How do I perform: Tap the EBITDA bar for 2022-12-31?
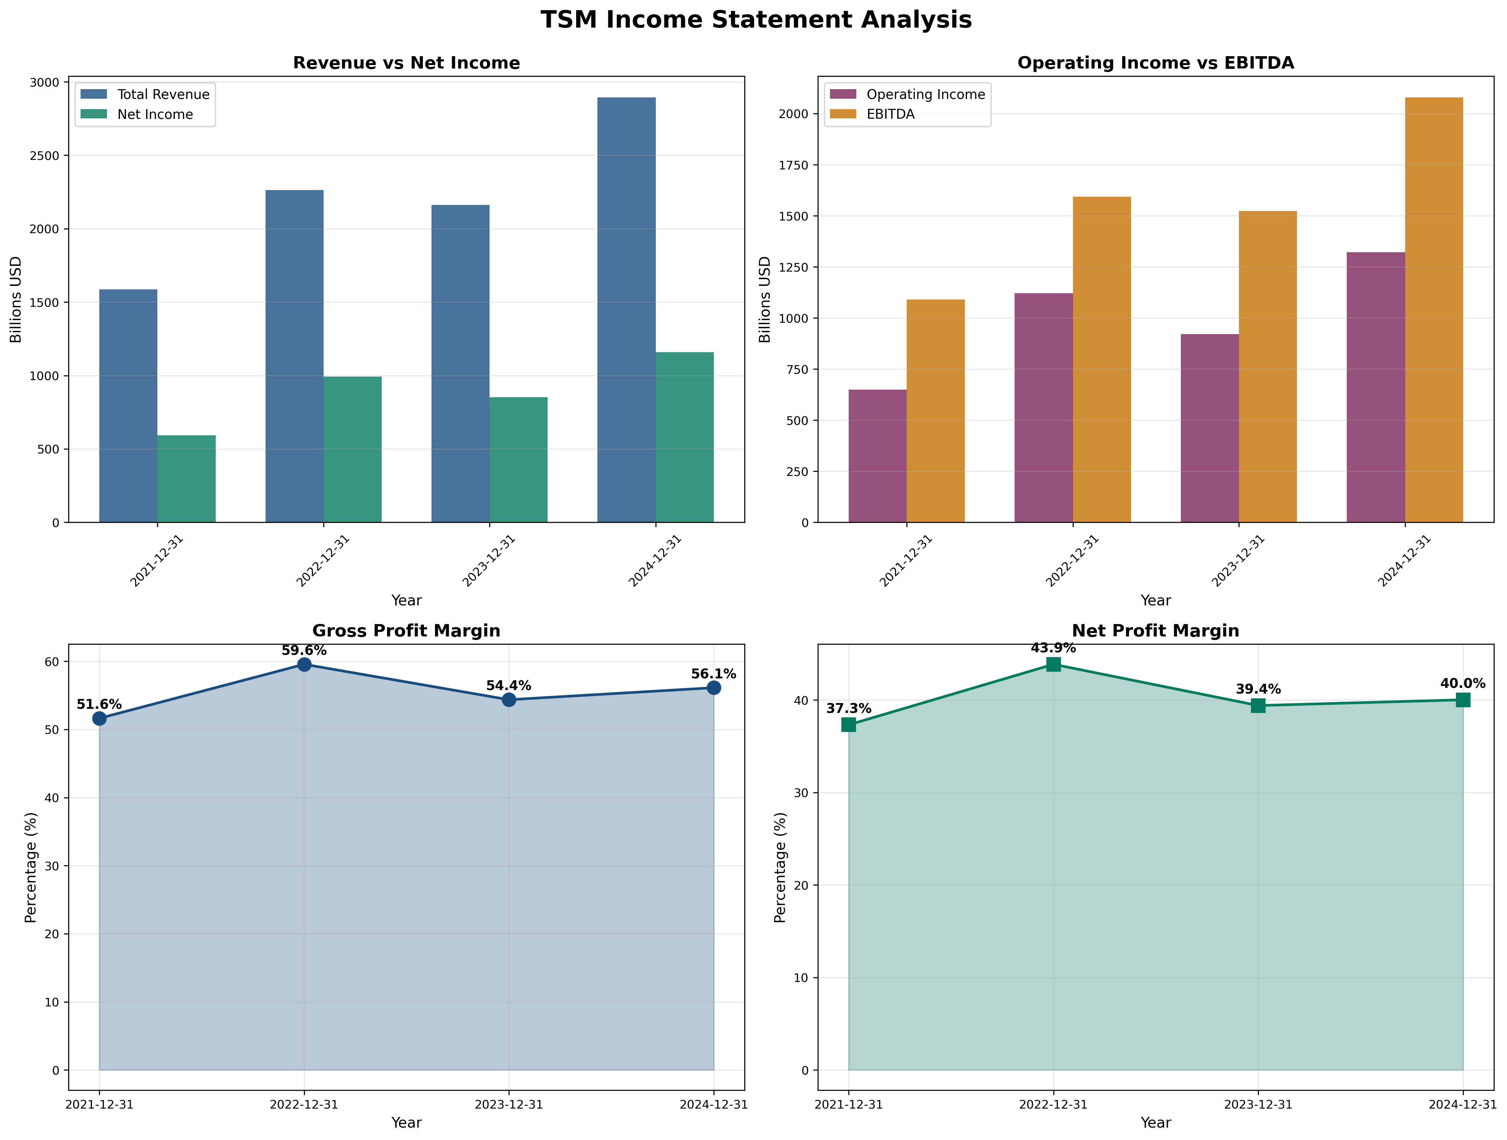(x=1102, y=360)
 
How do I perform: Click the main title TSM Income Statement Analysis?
(x=755, y=20)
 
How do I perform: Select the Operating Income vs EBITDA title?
(x=1155, y=63)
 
